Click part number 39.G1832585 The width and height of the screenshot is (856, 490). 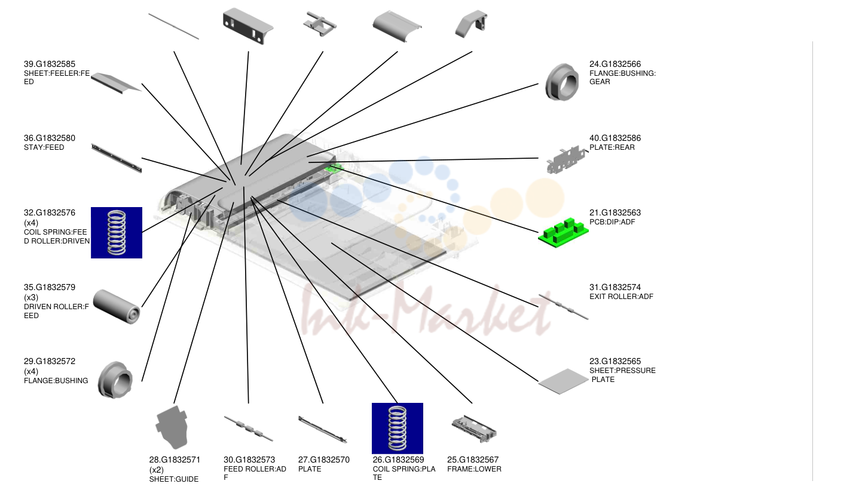49,64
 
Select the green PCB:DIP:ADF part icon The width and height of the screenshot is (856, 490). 563,233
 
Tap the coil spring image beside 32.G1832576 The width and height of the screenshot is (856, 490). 117,233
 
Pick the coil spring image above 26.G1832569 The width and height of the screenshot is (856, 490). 398,428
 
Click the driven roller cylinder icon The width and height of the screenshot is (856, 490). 117,307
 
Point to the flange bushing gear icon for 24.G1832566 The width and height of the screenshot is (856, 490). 562,82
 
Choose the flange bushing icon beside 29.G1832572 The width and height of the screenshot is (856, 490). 115,380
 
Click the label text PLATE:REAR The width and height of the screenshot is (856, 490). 612,147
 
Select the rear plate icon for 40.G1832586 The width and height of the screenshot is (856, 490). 567,160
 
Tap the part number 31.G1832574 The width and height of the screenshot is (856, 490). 615,287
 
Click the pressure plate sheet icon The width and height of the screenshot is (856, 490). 563,381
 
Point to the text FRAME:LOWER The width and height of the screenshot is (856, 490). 474,469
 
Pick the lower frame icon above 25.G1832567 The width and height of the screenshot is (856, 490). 474,429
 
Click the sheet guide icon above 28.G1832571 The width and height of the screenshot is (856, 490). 172,427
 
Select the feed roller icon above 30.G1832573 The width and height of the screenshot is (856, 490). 249,429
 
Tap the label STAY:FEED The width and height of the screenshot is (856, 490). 44,147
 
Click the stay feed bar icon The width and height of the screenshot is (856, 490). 117,158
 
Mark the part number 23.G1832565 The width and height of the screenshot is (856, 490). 615,362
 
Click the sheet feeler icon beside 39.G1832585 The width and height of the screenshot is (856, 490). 116,83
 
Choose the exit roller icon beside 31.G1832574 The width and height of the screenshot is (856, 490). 563,306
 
